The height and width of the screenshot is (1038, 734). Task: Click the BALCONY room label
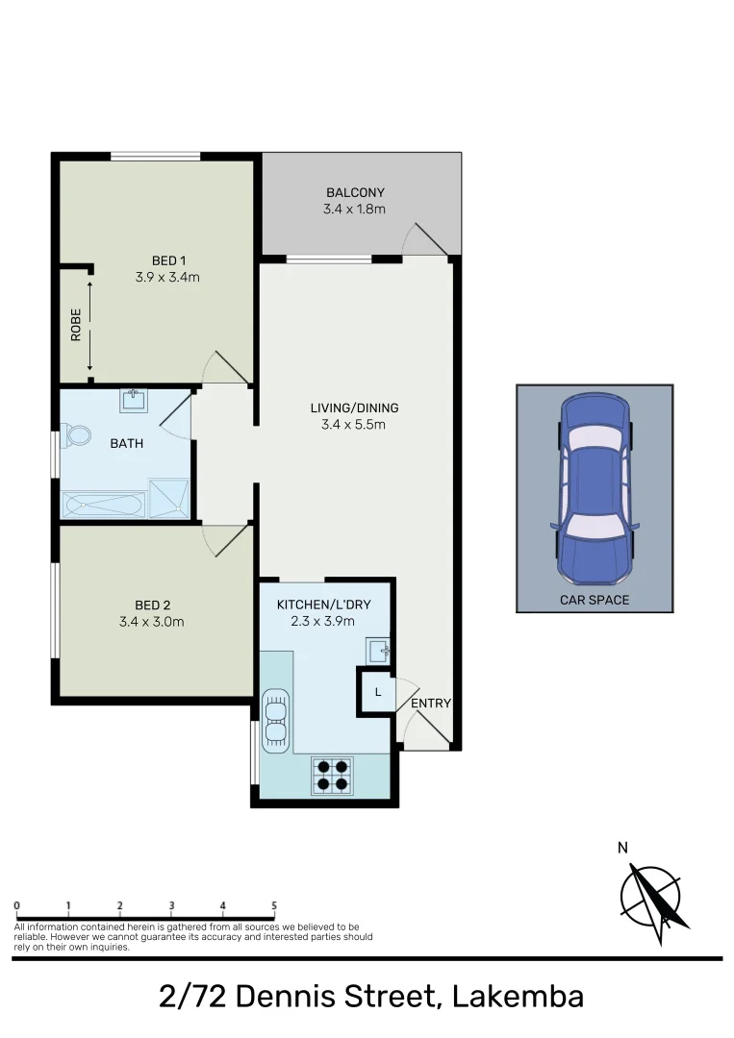(355, 192)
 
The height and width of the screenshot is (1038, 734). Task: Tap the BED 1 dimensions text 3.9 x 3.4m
(167, 277)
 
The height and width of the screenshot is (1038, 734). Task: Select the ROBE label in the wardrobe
(76, 325)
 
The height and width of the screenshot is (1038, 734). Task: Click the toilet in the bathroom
(76, 436)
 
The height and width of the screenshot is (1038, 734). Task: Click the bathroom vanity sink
(131, 400)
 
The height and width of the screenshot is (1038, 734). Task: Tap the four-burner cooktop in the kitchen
(331, 776)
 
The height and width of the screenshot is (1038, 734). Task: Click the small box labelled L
(378, 692)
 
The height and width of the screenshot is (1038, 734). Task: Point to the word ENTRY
(430, 704)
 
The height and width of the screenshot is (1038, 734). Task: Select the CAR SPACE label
(595, 600)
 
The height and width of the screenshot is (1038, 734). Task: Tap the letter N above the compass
(622, 848)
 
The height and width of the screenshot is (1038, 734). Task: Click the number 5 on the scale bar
(274, 905)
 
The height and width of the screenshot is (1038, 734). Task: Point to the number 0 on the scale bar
(18, 905)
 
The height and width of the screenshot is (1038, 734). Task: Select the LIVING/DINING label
(355, 408)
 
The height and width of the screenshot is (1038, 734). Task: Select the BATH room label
(127, 443)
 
